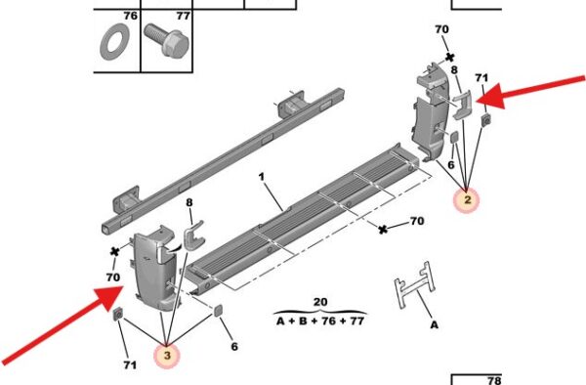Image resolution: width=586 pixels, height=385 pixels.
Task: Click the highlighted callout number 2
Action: coord(467,200)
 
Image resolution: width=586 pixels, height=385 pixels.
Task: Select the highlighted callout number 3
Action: coord(167,355)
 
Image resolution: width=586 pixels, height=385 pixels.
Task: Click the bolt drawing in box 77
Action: coord(166,40)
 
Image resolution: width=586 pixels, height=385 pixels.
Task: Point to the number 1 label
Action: coord(262,177)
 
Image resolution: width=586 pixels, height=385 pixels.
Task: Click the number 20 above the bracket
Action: coord(320,302)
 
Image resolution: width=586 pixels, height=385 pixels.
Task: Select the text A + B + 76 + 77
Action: coord(320,321)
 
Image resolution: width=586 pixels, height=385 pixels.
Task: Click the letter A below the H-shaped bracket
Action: coord(434,324)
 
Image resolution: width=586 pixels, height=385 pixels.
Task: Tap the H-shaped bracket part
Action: coord(416,285)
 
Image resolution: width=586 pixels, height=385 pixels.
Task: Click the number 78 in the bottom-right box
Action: coord(493,380)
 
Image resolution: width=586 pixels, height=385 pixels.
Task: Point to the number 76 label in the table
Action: coord(131,16)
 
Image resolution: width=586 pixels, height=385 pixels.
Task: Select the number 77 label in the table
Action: coord(184,16)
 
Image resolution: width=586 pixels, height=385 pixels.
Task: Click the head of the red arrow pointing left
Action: coord(490,97)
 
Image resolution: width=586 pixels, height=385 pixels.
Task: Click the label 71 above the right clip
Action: coord(481,78)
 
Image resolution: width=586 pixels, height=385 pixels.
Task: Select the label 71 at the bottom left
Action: coord(130,364)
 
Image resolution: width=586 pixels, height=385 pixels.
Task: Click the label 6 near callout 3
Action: coord(234,347)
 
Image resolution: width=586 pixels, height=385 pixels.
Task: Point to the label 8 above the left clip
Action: coord(189,202)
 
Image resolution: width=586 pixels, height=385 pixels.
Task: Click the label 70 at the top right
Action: coord(441,29)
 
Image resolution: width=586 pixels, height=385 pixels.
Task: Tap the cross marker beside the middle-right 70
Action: coord(383,230)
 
